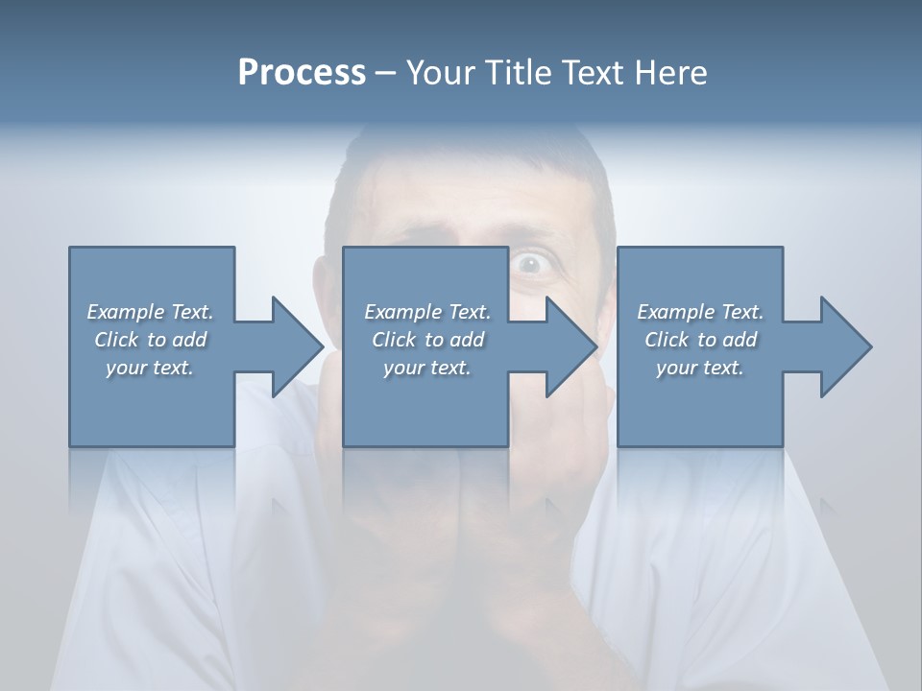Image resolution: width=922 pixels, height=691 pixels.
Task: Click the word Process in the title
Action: tap(302, 73)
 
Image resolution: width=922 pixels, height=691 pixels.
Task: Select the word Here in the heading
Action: tap(671, 73)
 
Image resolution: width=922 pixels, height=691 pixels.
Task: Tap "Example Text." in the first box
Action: tap(150, 312)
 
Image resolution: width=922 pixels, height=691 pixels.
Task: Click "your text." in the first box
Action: tap(150, 368)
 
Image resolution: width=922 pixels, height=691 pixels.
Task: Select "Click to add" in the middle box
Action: tap(427, 340)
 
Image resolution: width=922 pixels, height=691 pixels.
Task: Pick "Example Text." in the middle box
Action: tap(427, 312)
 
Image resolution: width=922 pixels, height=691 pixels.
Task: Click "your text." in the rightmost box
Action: tap(700, 368)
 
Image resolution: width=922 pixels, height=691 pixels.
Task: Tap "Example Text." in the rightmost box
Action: tap(700, 312)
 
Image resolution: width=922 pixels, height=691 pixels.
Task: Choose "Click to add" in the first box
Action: tap(150, 340)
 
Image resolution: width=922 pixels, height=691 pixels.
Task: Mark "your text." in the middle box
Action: tap(427, 368)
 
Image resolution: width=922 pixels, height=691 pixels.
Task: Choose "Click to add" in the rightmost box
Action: tap(700, 340)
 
